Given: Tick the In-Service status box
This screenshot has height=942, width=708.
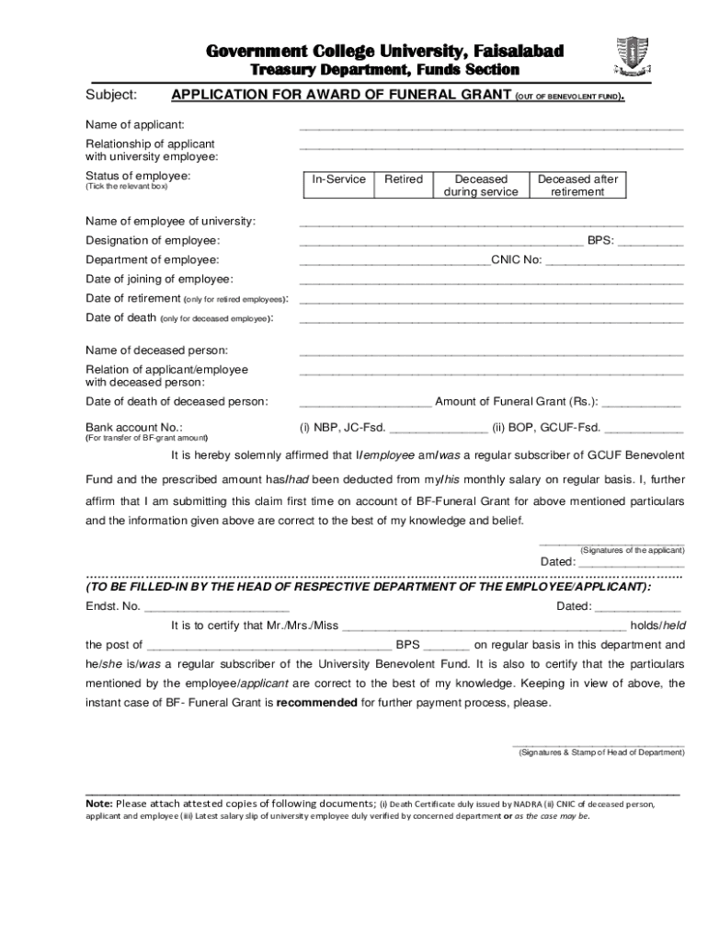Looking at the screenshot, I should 338,185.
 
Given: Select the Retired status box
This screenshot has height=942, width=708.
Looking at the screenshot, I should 403,185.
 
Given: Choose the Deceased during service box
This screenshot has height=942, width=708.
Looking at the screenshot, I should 481,185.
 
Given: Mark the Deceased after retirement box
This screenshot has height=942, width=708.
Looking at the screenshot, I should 577,185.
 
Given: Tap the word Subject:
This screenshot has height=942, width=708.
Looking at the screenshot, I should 111,95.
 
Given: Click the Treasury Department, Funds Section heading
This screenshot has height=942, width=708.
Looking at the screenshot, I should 385,70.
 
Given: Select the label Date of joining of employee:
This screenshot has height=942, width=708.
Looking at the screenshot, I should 159,279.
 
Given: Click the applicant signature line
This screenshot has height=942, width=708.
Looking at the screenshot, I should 611,542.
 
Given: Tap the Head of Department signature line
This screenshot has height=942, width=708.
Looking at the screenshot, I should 598,743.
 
